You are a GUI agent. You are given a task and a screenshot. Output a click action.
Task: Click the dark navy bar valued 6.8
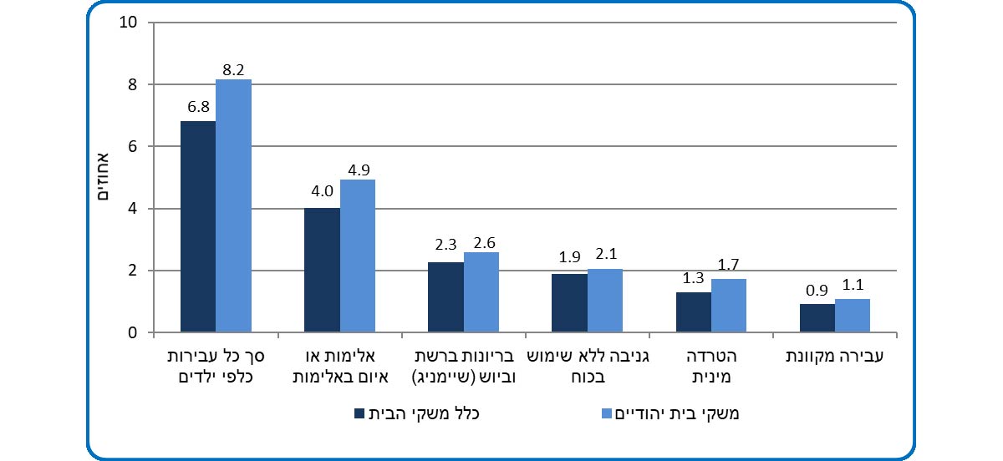point(198,227)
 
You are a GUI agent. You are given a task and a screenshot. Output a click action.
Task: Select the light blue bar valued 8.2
point(233,206)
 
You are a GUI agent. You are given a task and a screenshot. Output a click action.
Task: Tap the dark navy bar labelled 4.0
point(322,271)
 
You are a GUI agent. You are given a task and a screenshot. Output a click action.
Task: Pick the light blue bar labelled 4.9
point(357,256)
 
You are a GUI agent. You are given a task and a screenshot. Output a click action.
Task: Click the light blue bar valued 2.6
point(481,292)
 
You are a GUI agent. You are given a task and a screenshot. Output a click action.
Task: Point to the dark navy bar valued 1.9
point(569,303)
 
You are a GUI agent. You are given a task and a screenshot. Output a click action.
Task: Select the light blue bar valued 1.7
point(728,306)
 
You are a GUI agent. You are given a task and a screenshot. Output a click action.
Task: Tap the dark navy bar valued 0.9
point(817,318)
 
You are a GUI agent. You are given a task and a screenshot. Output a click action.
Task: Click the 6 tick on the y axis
point(132,147)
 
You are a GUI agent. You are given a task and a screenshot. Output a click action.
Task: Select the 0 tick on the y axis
point(132,333)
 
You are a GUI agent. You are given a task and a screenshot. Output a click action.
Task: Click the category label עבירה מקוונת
point(837,357)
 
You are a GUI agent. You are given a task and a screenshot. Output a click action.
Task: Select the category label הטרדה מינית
point(713,366)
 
